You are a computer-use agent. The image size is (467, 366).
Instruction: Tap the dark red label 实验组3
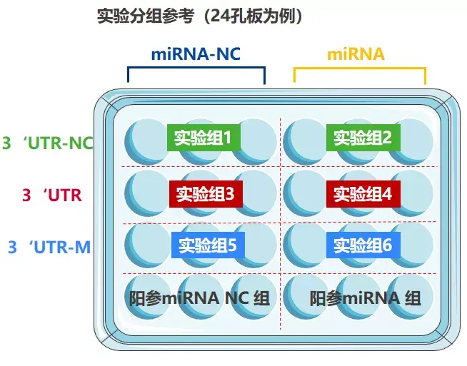(x=206, y=193)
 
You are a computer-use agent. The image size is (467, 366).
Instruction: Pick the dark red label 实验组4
(x=363, y=193)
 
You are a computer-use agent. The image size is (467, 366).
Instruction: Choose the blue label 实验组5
(x=207, y=245)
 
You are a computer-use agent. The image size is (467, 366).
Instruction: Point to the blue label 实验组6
(x=363, y=245)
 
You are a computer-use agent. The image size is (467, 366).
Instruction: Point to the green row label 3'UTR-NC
(x=48, y=143)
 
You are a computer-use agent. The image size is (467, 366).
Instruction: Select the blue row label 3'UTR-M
(x=49, y=248)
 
